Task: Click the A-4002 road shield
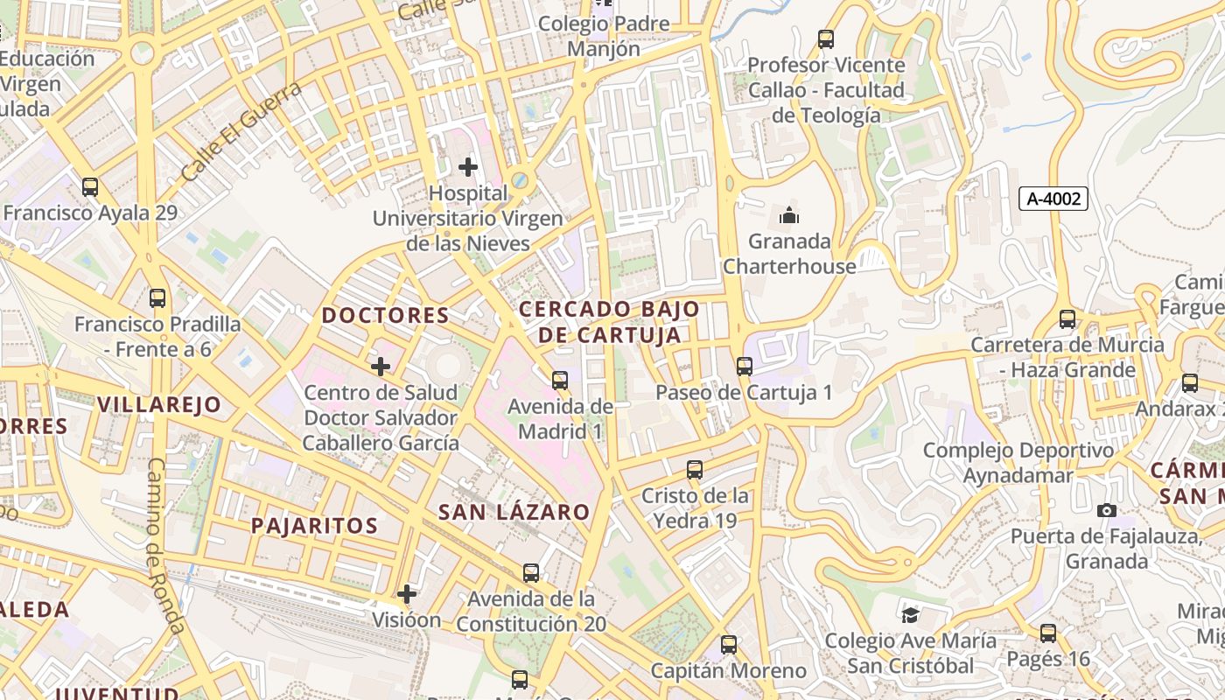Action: pyautogui.click(x=1053, y=199)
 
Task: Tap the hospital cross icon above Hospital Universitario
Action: pyautogui.click(x=468, y=166)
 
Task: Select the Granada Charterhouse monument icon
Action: pyautogui.click(x=789, y=214)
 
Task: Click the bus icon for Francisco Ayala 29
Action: pyautogui.click(x=90, y=186)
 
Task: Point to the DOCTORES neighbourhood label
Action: pyautogui.click(x=386, y=316)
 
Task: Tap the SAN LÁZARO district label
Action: pyautogui.click(x=514, y=513)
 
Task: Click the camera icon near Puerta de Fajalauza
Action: pyautogui.click(x=1106, y=510)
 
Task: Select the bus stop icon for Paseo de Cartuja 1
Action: pyautogui.click(x=745, y=367)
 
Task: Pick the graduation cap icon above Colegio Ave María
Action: pyautogui.click(x=910, y=615)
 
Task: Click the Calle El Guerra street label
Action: pyautogui.click(x=241, y=132)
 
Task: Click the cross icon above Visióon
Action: pyautogui.click(x=407, y=594)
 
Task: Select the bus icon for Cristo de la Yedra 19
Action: pyautogui.click(x=695, y=470)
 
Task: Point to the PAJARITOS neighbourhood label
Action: pyautogui.click(x=314, y=526)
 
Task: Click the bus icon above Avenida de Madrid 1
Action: pyautogui.click(x=560, y=381)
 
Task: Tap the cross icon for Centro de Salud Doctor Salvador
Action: pyautogui.click(x=381, y=366)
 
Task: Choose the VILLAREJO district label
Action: pyautogui.click(x=159, y=404)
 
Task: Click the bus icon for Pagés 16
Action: pyautogui.click(x=1048, y=633)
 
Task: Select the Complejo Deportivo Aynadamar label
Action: pyautogui.click(x=1018, y=463)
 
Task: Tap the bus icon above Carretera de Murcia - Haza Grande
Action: pyautogui.click(x=1067, y=319)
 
